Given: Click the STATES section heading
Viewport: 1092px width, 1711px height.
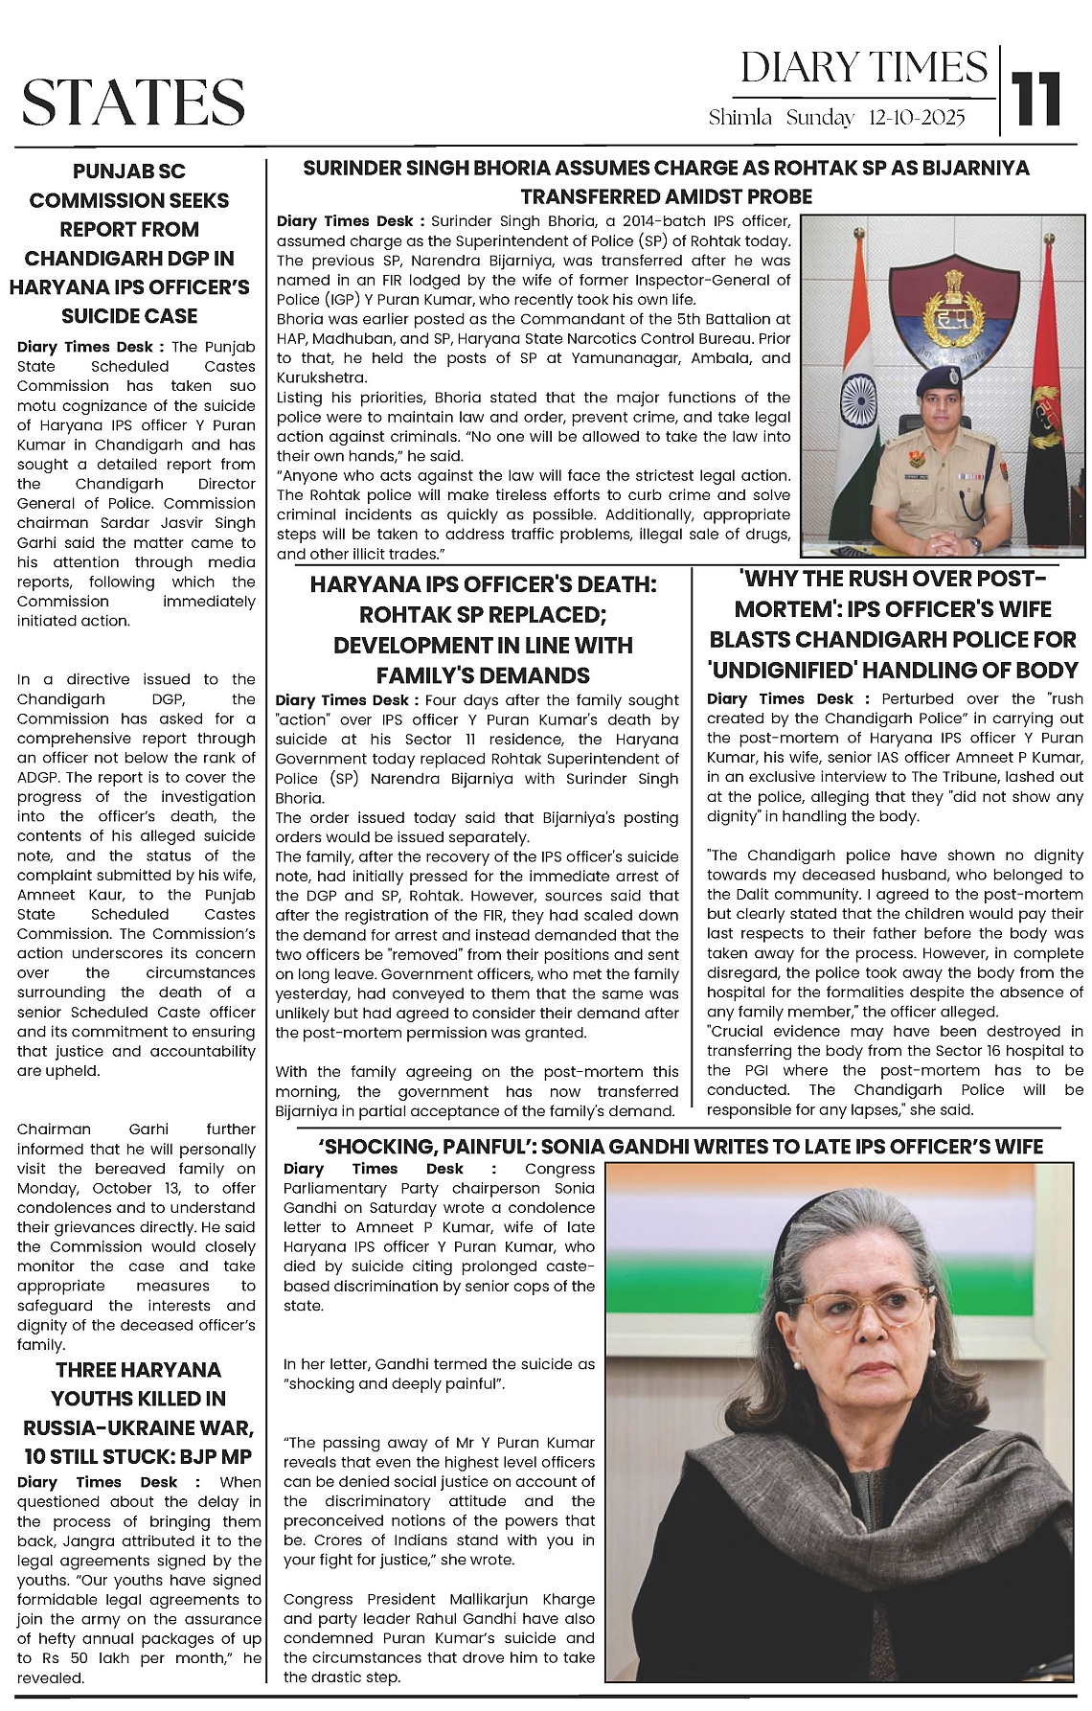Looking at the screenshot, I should click(134, 102).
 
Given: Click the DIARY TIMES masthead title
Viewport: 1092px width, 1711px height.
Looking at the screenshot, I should click(864, 68).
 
